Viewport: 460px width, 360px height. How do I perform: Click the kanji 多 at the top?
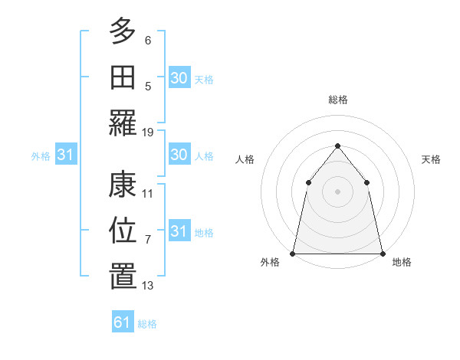pos(123,31)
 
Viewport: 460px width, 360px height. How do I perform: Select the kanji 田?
pos(123,77)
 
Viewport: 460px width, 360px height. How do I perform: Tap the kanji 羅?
pos(123,123)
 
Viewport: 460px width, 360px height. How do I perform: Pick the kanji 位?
pos(123,230)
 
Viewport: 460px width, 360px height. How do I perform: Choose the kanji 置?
pos(123,276)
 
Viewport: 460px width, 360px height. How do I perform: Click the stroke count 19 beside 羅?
pos(148,133)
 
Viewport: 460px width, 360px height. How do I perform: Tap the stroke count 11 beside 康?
pos(148,194)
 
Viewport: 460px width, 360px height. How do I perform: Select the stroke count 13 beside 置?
pos(148,286)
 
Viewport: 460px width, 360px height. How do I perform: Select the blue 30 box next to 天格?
pos(179,77)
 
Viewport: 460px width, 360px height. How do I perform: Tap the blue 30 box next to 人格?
pos(179,155)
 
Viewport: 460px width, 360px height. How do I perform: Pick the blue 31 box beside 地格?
pos(179,231)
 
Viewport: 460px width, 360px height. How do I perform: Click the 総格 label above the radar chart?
pos(337,100)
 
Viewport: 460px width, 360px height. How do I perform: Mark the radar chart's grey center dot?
pos(337,191)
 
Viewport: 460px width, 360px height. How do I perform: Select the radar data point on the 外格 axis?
pos(293,253)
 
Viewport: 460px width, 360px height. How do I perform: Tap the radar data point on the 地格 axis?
pos(382,253)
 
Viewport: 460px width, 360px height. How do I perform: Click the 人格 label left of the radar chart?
pos(245,159)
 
